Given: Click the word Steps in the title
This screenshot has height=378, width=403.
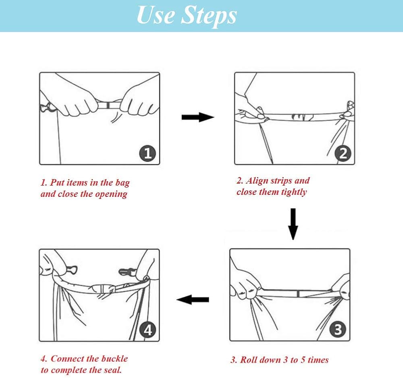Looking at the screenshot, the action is coord(209,15).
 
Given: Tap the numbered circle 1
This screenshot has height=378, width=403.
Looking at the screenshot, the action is coord(147,153).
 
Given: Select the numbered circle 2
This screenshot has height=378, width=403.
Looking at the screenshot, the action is coord(343,153).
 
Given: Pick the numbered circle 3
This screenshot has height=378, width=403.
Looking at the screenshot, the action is coord(338,330).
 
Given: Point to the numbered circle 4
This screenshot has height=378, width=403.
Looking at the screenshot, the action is coord(147,330).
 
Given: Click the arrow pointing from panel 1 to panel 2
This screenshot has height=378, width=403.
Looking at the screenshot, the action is coord(198,117).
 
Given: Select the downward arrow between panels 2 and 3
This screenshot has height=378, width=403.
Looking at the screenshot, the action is coord(293,224).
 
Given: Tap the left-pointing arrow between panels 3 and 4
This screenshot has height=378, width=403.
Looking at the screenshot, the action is coord(193,299).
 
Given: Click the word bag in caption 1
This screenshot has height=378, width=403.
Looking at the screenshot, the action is coord(123,183).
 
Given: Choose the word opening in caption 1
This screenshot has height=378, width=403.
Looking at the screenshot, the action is coord(111,194).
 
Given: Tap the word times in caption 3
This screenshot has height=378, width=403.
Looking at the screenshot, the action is coord(318,360).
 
